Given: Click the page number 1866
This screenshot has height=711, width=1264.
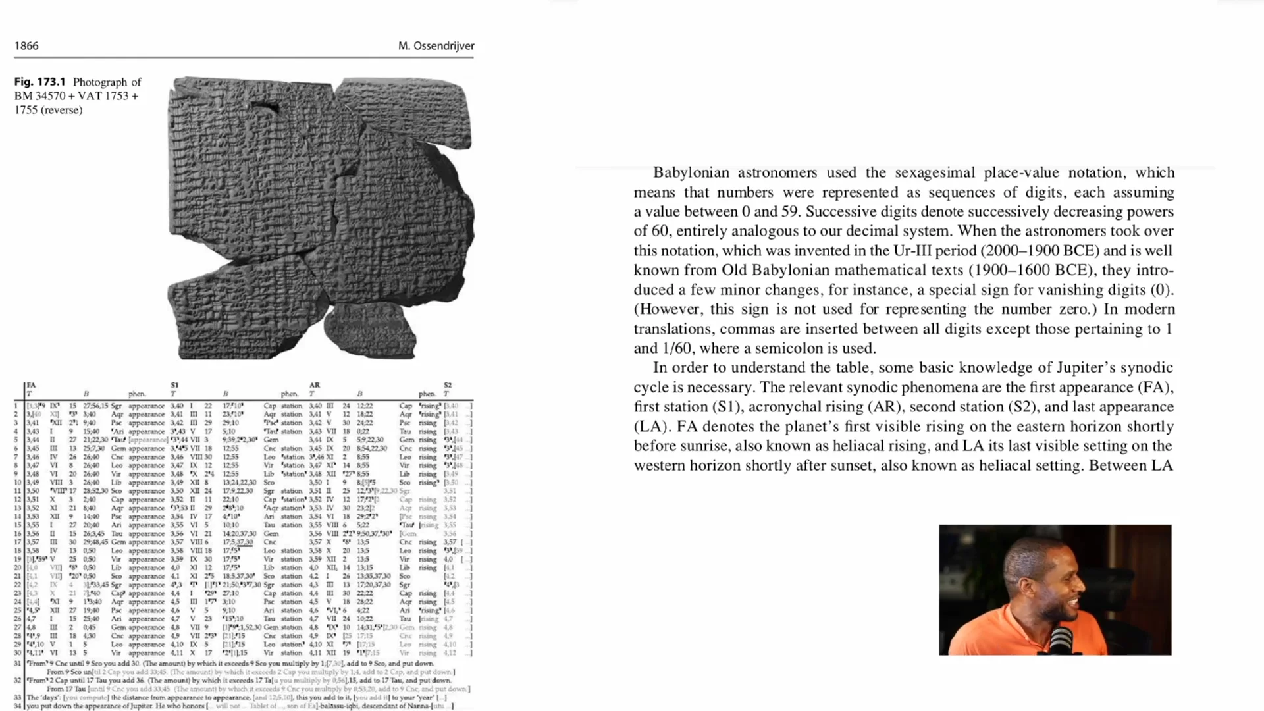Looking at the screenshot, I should [x=26, y=46].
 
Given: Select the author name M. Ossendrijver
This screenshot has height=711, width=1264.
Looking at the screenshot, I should [x=436, y=46].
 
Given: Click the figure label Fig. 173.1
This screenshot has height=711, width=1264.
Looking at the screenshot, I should [x=40, y=82].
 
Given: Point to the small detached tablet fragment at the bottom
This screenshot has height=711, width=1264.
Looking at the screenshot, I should [x=371, y=331].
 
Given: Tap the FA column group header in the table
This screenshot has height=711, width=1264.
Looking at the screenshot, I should [x=31, y=385].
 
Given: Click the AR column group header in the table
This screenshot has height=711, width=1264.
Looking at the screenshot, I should [x=315, y=385].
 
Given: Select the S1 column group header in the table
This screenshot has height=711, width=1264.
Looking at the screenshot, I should [x=174, y=385].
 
